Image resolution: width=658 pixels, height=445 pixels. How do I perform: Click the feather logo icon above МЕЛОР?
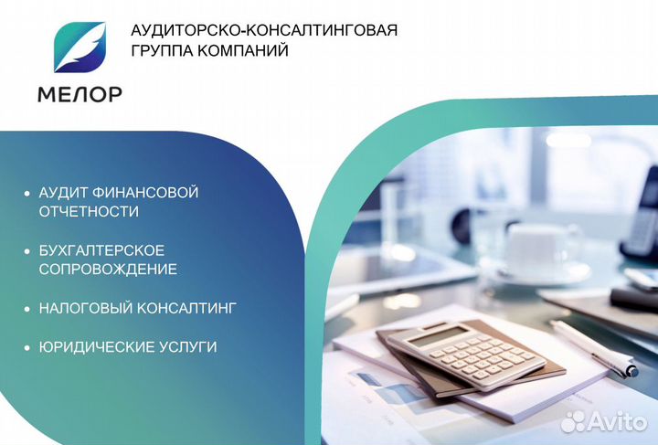80,48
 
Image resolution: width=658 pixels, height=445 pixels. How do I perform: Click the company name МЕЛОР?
80,93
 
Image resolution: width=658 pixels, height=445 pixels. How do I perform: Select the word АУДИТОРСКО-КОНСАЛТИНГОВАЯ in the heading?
265,30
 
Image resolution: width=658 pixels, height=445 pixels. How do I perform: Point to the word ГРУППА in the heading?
163,51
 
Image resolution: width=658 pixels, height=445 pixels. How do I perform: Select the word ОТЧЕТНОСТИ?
89,212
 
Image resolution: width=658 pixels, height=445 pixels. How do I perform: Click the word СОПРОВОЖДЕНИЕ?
108,270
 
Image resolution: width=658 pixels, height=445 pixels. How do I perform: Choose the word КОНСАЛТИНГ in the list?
187,309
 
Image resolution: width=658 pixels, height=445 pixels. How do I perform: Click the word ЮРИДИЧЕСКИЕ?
94,347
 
